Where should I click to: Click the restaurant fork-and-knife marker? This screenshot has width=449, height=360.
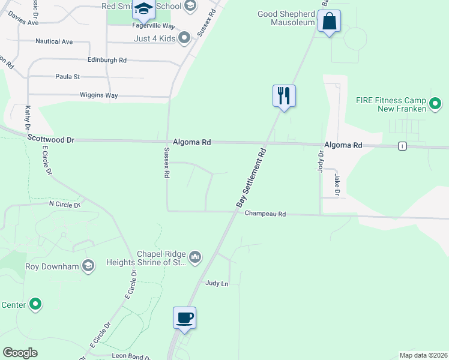pyautogui.click(x=285, y=96)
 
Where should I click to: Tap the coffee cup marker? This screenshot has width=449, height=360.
pyautogui.click(x=185, y=318)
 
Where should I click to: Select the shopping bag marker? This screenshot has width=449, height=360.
pyautogui.click(x=329, y=22)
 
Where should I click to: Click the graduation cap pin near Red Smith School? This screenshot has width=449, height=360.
pyautogui.click(x=143, y=9)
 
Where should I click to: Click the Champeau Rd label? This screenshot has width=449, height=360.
pyautogui.click(x=265, y=214)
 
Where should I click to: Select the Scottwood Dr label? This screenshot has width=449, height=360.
pyautogui.click(x=50, y=139)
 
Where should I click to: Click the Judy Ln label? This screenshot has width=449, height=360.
pyautogui.click(x=217, y=283)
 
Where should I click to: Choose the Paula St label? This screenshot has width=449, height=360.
pyautogui.click(x=67, y=77)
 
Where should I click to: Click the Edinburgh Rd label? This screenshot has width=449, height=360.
pyautogui.click(x=107, y=60)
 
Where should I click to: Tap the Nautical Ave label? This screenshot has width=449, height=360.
pyautogui.click(x=54, y=41)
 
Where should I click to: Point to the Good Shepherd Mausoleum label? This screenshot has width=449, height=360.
pyautogui.click(x=286, y=18)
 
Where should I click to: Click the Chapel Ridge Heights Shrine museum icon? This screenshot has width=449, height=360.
pyautogui.click(x=195, y=257)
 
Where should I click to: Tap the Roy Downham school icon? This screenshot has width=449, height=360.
pyautogui.click(x=88, y=266)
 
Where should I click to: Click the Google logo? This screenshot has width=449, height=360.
pyautogui.click(x=20, y=353)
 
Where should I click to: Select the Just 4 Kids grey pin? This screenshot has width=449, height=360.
pyautogui.click(x=184, y=38)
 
